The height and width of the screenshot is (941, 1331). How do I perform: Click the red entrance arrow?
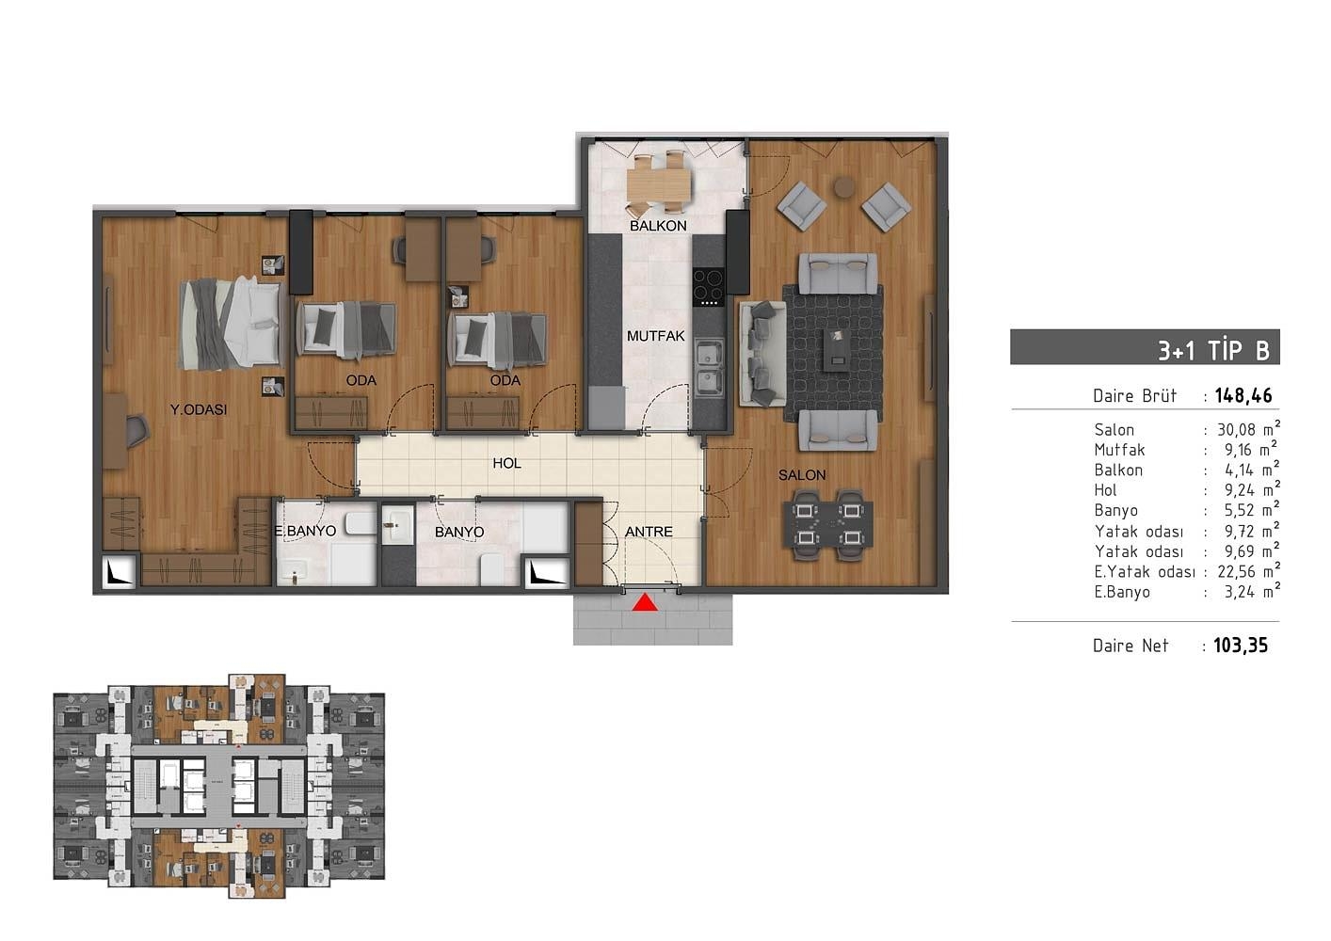(645, 602)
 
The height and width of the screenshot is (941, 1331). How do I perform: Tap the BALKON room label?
(658, 226)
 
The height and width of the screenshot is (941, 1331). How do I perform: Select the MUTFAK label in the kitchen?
(656, 336)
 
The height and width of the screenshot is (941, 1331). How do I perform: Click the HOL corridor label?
(506, 463)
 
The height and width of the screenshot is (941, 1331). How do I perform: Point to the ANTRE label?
(649, 532)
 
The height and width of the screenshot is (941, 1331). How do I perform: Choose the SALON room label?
(802, 475)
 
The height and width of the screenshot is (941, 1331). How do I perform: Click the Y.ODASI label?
(199, 409)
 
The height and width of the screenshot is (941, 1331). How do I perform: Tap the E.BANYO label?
(305, 532)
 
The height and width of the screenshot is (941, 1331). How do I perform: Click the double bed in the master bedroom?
(232, 323)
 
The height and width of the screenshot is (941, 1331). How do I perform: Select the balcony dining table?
(659, 182)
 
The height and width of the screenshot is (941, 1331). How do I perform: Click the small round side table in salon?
(843, 186)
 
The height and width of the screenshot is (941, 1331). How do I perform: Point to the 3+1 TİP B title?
(1213, 350)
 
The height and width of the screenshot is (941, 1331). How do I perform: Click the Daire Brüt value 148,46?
(1243, 396)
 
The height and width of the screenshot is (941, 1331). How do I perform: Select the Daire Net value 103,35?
(1241, 646)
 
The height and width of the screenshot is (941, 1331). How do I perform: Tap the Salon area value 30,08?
(1239, 430)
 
